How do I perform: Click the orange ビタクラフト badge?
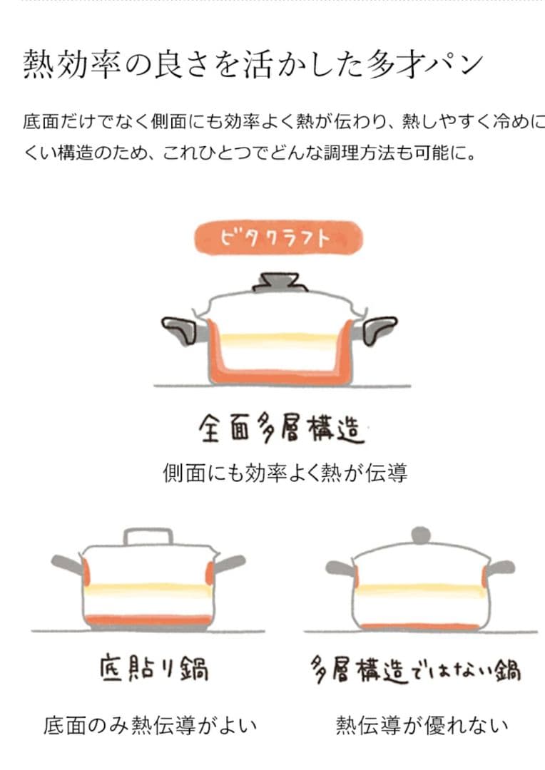(278, 238)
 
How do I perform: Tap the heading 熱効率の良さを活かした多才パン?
(253, 64)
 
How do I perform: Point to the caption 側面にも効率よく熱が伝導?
(285, 473)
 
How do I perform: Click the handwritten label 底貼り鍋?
(154, 668)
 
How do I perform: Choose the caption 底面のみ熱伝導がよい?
(150, 725)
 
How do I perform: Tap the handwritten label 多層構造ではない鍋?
(416, 669)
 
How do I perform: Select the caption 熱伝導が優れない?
(422, 725)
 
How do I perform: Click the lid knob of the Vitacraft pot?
(277, 282)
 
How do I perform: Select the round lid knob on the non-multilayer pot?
(421, 535)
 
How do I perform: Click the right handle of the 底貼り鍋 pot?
(229, 563)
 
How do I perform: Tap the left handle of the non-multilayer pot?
(340, 568)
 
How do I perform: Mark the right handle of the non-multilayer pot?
(501, 568)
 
